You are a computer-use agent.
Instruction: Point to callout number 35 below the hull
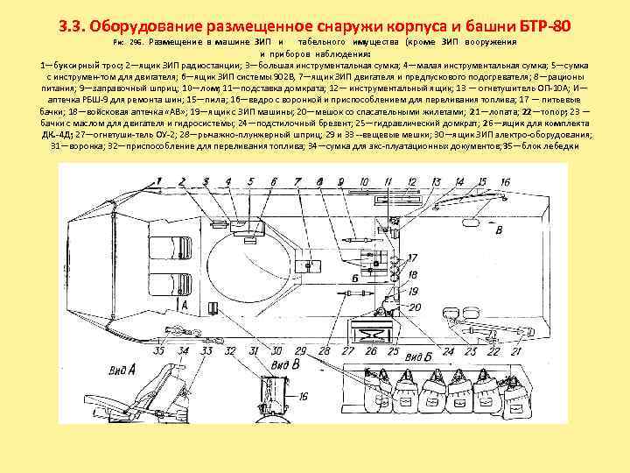coord(158,351)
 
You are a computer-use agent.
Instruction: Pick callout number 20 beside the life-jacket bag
coord(414,307)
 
